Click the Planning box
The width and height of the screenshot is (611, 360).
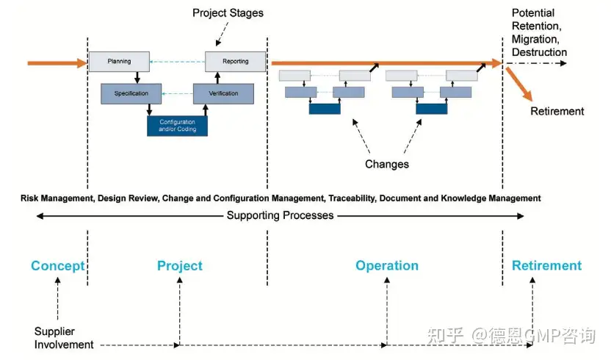pos(119,62)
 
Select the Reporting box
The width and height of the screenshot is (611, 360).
pos(235,62)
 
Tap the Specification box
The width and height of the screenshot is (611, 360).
pos(131,93)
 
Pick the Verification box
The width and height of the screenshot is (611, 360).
pos(223,93)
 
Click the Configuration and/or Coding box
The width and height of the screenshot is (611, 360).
pos(177,126)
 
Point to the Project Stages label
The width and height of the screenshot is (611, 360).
pos(228,13)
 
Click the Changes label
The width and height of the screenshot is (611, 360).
pos(387,164)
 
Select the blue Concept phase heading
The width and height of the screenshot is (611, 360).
pos(58,266)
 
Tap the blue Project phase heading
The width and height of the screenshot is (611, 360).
pos(180,266)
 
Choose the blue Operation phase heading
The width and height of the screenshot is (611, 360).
pos(387,266)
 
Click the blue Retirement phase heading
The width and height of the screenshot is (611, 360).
pos(546,266)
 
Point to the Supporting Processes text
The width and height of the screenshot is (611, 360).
pos(281,215)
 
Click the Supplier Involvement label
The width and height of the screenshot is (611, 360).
pos(64,338)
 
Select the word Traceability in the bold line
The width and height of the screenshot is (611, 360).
pos(352,198)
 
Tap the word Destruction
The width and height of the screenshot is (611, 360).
pos(539,52)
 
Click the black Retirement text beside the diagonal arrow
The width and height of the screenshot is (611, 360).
pos(557,111)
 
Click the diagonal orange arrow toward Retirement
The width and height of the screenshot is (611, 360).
pos(519,84)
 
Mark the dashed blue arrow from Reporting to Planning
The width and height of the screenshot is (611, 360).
pos(177,62)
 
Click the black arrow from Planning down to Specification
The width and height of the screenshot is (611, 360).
pos(137,78)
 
